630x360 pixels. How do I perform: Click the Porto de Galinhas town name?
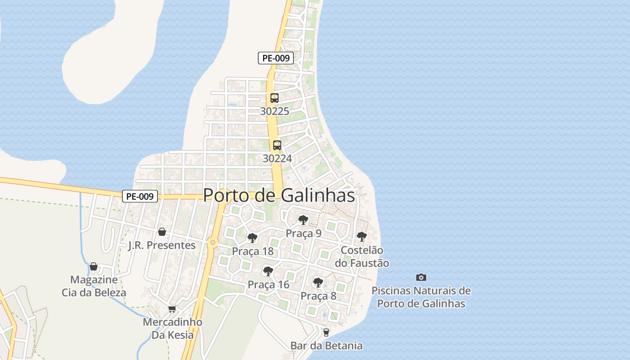[279, 195]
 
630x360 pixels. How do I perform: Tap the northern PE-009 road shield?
[276, 58]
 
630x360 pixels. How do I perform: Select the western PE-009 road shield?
[140, 196]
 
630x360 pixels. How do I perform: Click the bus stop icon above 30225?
[274, 98]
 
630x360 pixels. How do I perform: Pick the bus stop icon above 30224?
[277, 145]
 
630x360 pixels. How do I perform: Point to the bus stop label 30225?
[274, 111]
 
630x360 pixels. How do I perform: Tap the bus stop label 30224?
[277, 158]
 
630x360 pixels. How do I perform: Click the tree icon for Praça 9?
[303, 220]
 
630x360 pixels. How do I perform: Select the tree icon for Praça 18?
[252, 238]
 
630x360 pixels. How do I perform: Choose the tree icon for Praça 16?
[268, 271]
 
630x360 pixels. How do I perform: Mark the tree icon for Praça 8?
[318, 283]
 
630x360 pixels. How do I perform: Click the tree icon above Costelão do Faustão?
[362, 236]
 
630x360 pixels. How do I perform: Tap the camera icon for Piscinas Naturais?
[421, 277]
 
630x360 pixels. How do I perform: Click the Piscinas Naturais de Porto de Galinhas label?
[421, 297]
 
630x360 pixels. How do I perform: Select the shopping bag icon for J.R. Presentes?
[162, 232]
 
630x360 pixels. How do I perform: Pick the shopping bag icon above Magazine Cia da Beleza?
[94, 266]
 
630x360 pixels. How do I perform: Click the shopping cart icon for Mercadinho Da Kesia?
[171, 309]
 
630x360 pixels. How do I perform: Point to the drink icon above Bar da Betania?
[326, 333]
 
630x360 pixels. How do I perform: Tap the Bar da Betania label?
[326, 346]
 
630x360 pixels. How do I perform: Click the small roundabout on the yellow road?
[213, 243]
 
